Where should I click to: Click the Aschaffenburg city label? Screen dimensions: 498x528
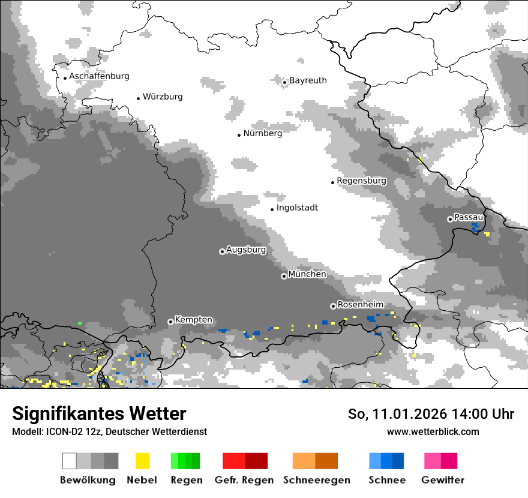[99, 77]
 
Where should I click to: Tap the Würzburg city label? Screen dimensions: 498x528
[163, 97]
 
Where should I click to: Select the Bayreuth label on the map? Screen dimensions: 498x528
[308, 80]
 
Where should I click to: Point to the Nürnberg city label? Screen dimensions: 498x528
[262, 133]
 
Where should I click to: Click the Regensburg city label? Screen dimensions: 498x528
[361, 181]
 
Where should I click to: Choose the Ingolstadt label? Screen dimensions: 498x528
[297, 208]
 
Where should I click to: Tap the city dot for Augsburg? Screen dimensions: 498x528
[222, 251]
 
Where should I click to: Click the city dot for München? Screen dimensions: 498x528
[284, 276]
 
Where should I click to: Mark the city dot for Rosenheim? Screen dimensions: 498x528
[333, 306]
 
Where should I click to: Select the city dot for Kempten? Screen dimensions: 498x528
[170, 322]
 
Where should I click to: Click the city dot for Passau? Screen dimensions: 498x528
[450, 219]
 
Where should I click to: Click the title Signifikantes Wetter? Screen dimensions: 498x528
[99, 414]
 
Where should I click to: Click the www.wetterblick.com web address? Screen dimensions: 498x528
[433, 431]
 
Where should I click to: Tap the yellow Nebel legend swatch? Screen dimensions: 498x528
[142, 461]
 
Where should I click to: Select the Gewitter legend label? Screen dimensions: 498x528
[442, 480]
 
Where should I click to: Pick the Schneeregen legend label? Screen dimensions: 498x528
[316, 480]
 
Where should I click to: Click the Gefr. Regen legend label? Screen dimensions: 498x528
[244, 480]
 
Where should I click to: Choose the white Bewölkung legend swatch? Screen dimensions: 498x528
[70, 461]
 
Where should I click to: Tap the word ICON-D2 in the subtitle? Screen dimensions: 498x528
[59, 432]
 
